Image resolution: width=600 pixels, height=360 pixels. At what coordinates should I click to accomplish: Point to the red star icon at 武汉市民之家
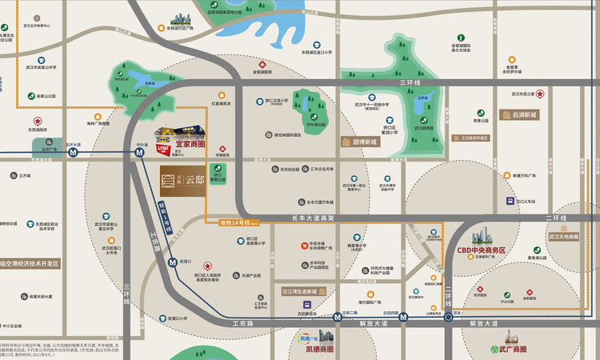pos(540,94)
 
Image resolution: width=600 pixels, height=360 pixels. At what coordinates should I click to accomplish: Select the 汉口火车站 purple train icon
pos(510,202)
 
